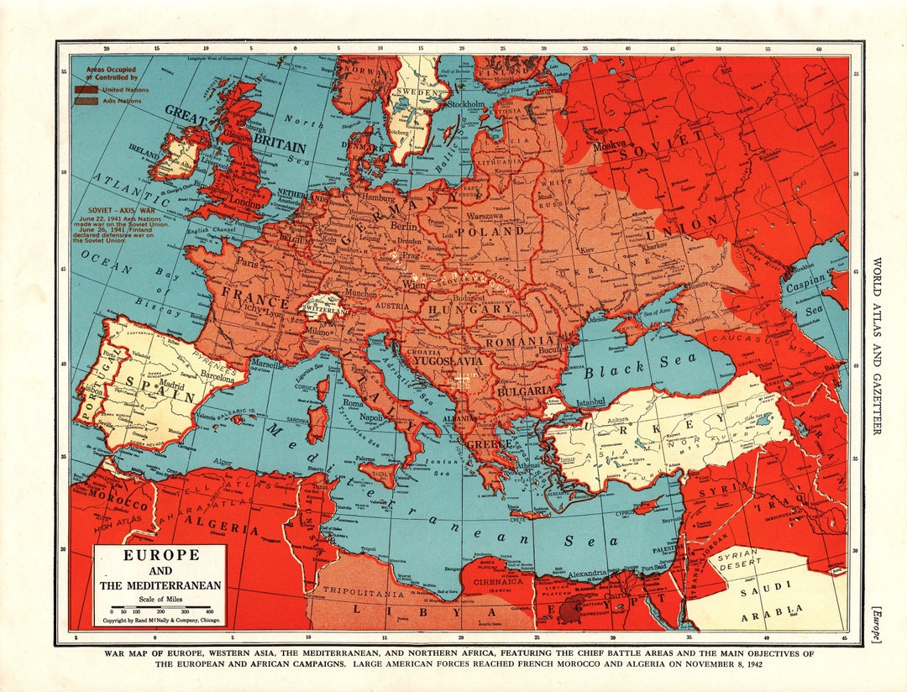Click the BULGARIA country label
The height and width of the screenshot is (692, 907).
(x=525, y=391)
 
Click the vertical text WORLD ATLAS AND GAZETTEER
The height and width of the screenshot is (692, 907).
(x=878, y=345)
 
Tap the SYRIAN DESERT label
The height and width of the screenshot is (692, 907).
(x=737, y=559)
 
